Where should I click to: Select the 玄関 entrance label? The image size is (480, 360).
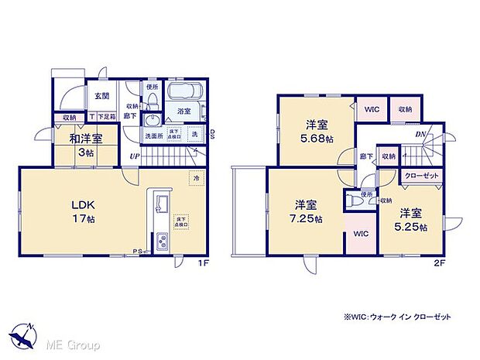point(101,97)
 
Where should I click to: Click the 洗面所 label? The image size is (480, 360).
point(153,136)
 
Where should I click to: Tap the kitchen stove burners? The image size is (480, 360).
point(164,242)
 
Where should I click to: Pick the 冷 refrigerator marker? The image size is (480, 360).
point(197,177)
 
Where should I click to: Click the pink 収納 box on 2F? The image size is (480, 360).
point(405,110)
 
